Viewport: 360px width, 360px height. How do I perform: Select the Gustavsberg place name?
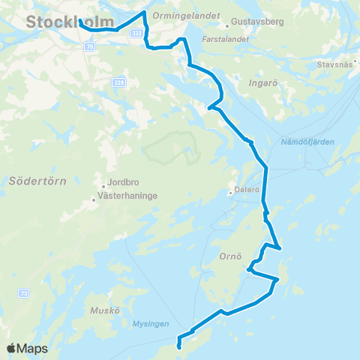click(x=259, y=22)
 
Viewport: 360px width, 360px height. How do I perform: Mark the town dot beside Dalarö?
click(x=230, y=192)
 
